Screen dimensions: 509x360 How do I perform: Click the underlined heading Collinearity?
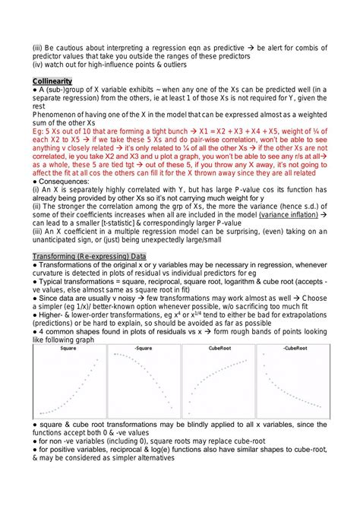[x=52, y=81]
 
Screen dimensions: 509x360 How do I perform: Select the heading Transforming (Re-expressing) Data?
[x=95, y=256]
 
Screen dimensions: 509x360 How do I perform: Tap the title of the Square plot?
[x=68, y=349]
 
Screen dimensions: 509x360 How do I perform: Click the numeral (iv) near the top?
[x=39, y=63]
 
